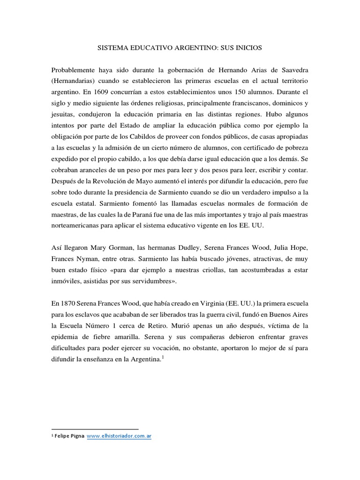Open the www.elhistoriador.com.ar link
(119, 436)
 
